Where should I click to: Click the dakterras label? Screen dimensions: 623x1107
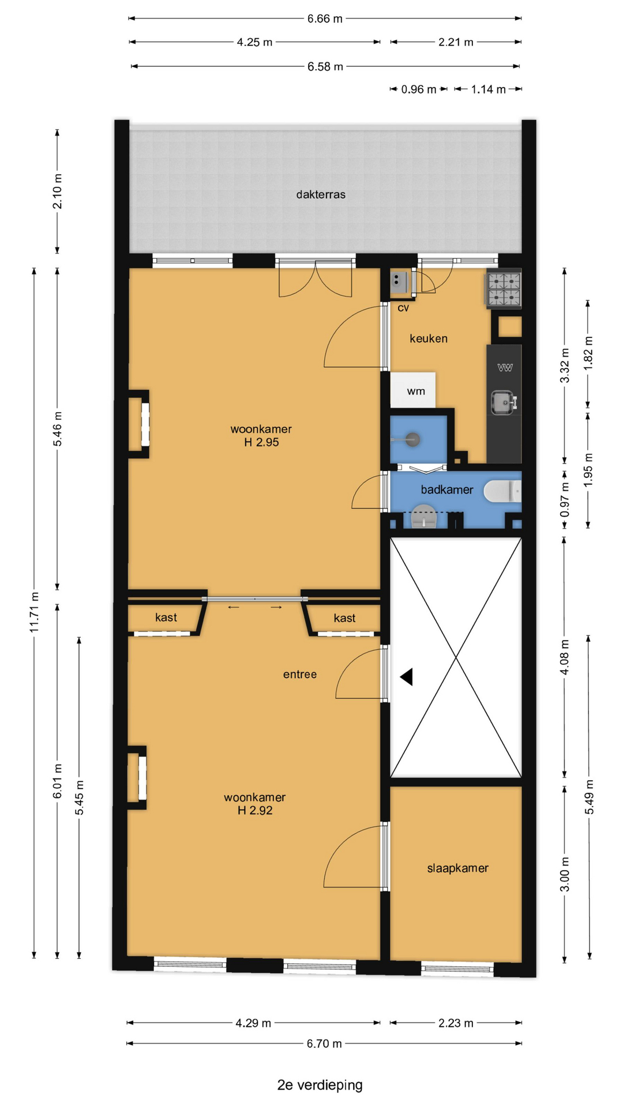(321, 194)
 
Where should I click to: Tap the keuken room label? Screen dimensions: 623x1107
(429, 338)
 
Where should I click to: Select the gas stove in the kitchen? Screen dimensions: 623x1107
(504, 289)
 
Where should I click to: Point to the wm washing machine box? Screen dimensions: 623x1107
(413, 390)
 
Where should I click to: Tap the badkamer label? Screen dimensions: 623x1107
(447, 490)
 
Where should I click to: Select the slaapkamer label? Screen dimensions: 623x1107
(457, 868)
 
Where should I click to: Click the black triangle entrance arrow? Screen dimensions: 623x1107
(407, 676)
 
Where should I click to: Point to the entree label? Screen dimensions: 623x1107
(300, 674)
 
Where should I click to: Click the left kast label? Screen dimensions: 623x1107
(166, 617)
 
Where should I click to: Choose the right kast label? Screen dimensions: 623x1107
(344, 618)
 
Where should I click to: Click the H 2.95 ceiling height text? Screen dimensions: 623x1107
(261, 442)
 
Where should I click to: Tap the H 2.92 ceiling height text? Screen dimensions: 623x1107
(255, 810)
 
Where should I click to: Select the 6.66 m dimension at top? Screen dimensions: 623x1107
(325, 18)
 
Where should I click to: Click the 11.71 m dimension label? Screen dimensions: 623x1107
(35, 612)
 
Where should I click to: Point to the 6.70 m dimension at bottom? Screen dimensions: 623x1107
(324, 1044)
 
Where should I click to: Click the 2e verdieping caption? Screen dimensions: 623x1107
(320, 1085)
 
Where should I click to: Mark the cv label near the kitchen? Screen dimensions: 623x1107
(403, 308)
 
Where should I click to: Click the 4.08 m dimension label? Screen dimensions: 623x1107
(565, 657)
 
